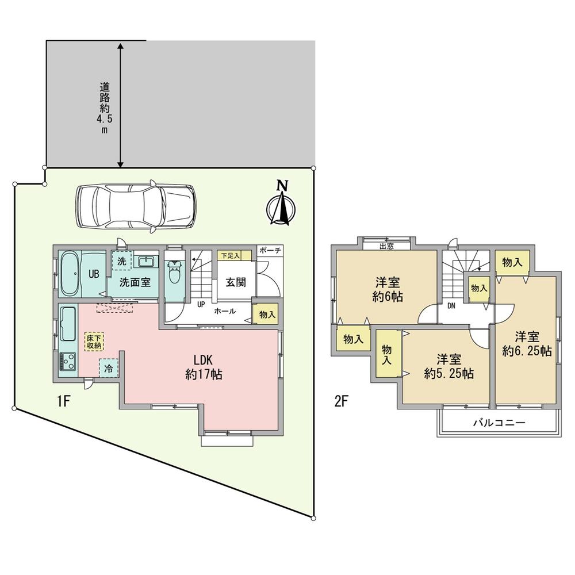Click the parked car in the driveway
[135, 206]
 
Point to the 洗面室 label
[136, 283]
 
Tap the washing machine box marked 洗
[121, 260]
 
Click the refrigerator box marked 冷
[109, 367]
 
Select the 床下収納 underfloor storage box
[94, 341]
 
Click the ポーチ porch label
[270, 250]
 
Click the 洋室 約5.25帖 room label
[448, 366]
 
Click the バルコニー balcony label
[499, 422]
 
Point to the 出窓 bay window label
[386, 247]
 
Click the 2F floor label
[341, 401]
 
